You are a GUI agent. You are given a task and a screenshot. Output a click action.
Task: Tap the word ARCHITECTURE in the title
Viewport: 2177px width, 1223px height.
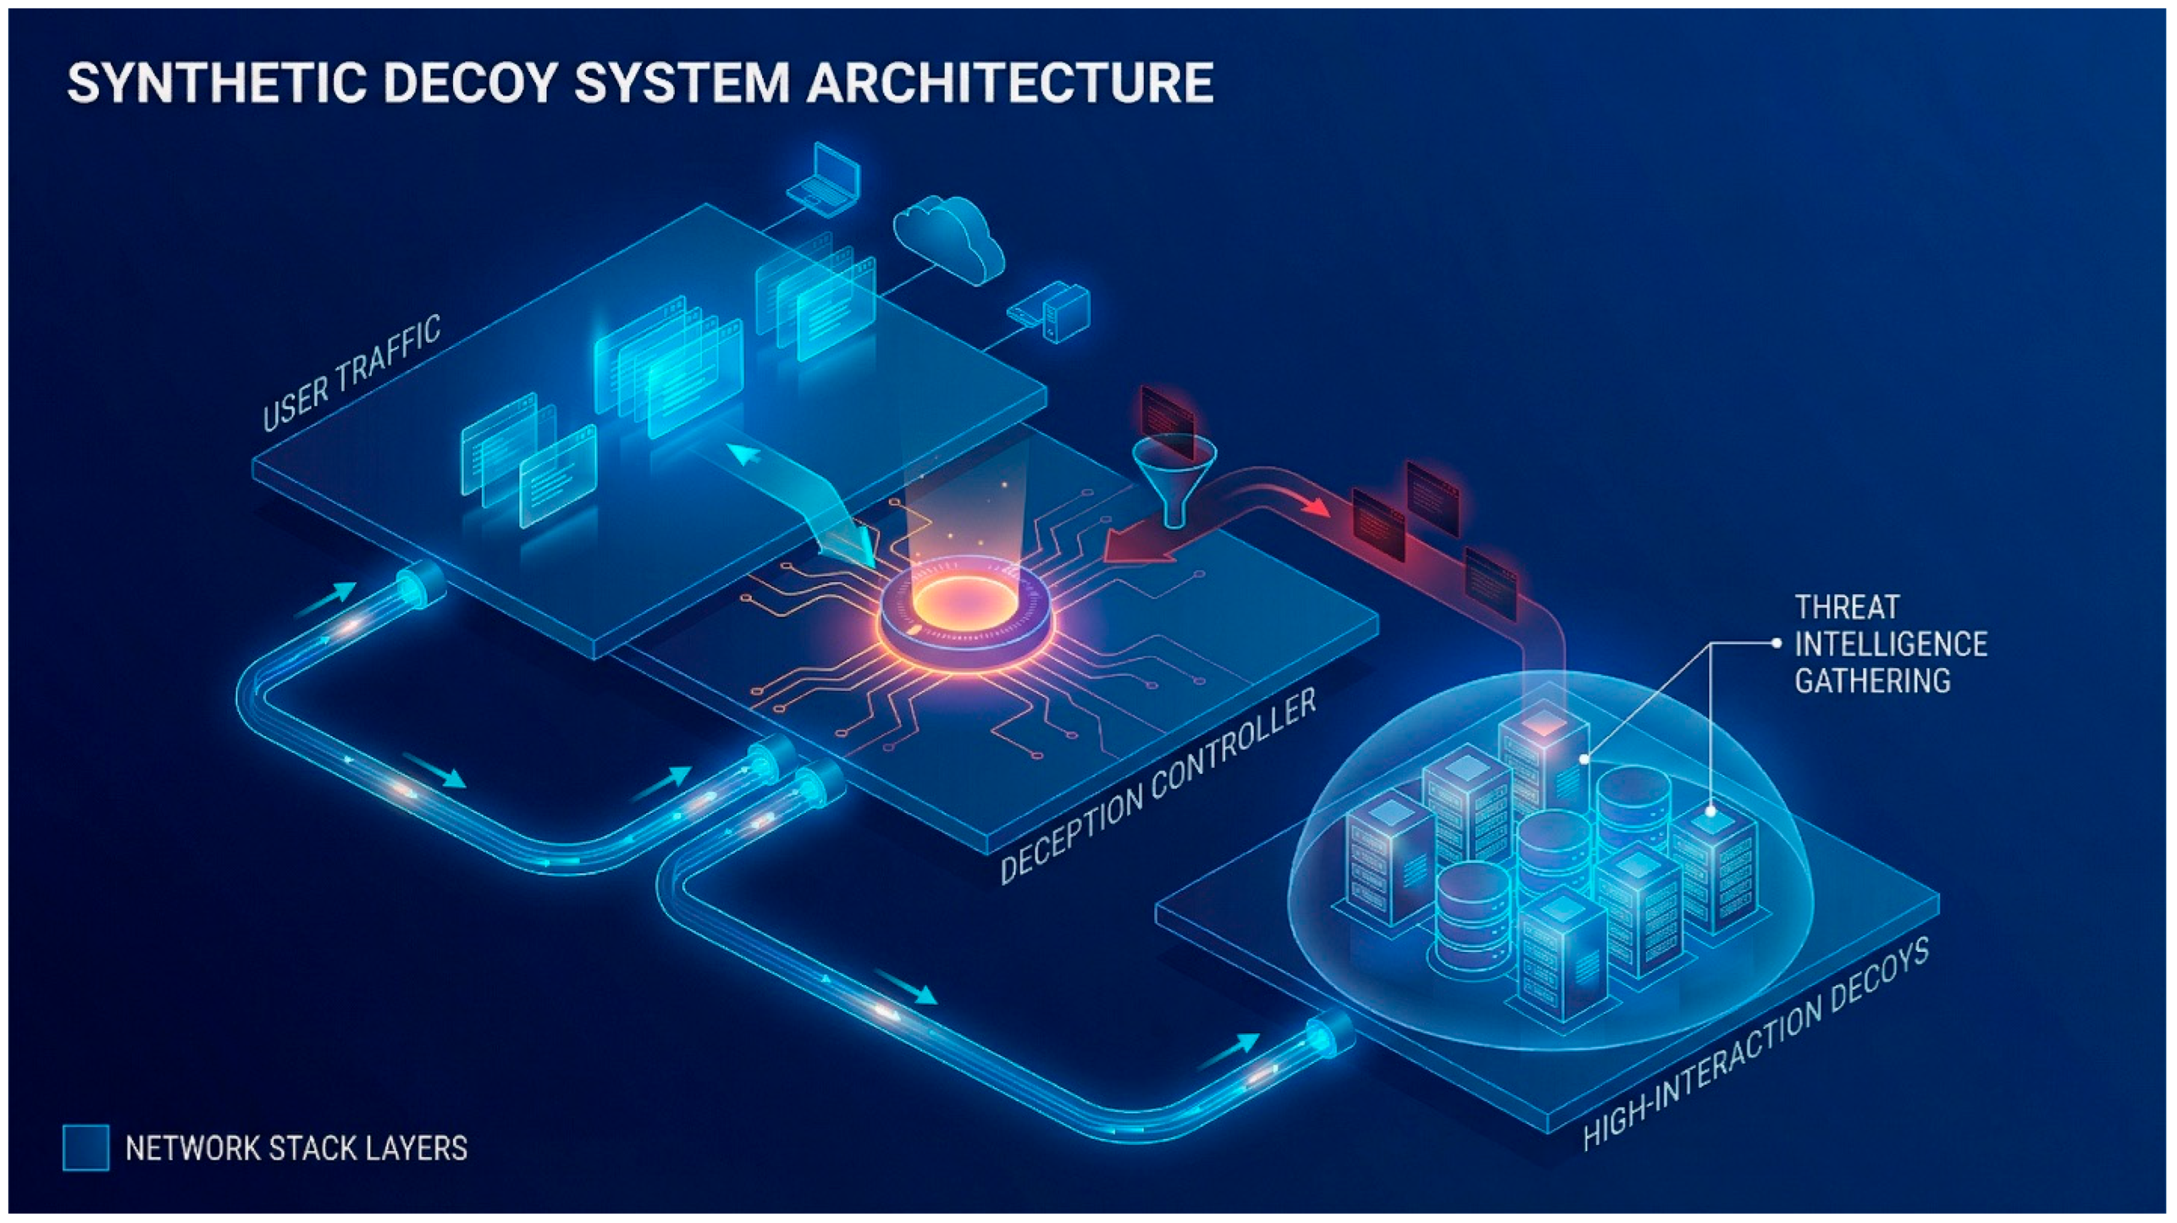tap(1009, 83)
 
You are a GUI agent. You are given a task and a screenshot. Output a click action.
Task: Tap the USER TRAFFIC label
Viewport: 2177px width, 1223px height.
tap(351, 372)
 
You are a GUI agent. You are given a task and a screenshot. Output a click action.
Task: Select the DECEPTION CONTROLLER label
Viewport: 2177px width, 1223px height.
tap(1158, 785)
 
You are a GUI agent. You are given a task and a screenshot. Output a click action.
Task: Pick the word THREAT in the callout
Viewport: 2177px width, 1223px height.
tap(1846, 607)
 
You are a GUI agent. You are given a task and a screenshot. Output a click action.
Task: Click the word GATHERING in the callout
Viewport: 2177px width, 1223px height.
tap(1872, 680)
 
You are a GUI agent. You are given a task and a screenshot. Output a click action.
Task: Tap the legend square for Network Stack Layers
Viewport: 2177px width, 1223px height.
tap(85, 1147)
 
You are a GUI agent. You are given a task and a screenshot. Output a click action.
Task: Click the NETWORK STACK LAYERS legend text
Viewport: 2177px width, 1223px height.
tap(296, 1148)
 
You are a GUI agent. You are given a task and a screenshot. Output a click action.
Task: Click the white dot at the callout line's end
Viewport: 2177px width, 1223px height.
tap(1776, 643)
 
